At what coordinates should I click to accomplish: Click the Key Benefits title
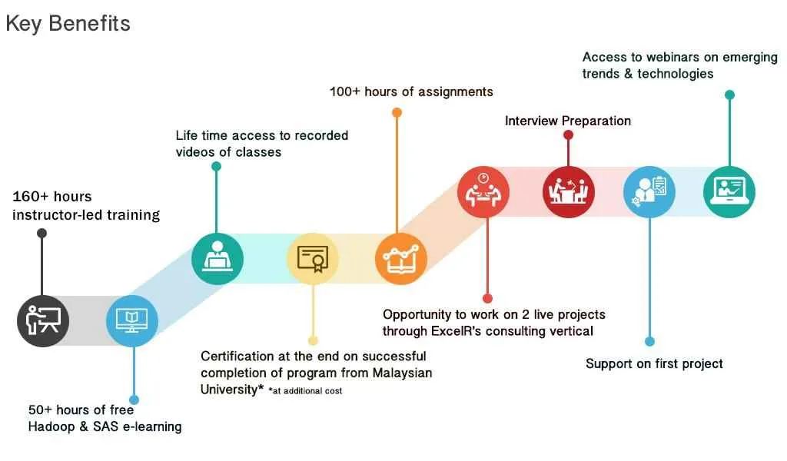(x=68, y=24)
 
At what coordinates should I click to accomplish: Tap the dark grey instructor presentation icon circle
(x=43, y=321)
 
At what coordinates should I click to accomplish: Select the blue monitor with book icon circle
(x=132, y=321)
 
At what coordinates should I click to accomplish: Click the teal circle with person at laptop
(x=218, y=259)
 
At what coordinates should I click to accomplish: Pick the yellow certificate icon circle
(x=313, y=259)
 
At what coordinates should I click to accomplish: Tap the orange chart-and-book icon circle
(x=401, y=259)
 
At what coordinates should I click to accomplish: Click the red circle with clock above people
(x=483, y=192)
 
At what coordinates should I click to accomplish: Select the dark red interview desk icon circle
(x=569, y=192)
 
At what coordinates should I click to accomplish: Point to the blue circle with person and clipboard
(x=649, y=192)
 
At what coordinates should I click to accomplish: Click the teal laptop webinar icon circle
(x=729, y=192)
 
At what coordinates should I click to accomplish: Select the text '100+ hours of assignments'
(x=411, y=91)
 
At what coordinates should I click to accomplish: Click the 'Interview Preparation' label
(x=568, y=121)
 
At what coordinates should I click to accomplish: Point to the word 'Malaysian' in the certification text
(x=402, y=373)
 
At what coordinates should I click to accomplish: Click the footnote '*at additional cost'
(x=305, y=391)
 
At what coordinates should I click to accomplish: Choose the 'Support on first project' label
(x=654, y=363)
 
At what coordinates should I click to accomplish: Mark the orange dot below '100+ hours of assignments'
(x=397, y=112)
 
